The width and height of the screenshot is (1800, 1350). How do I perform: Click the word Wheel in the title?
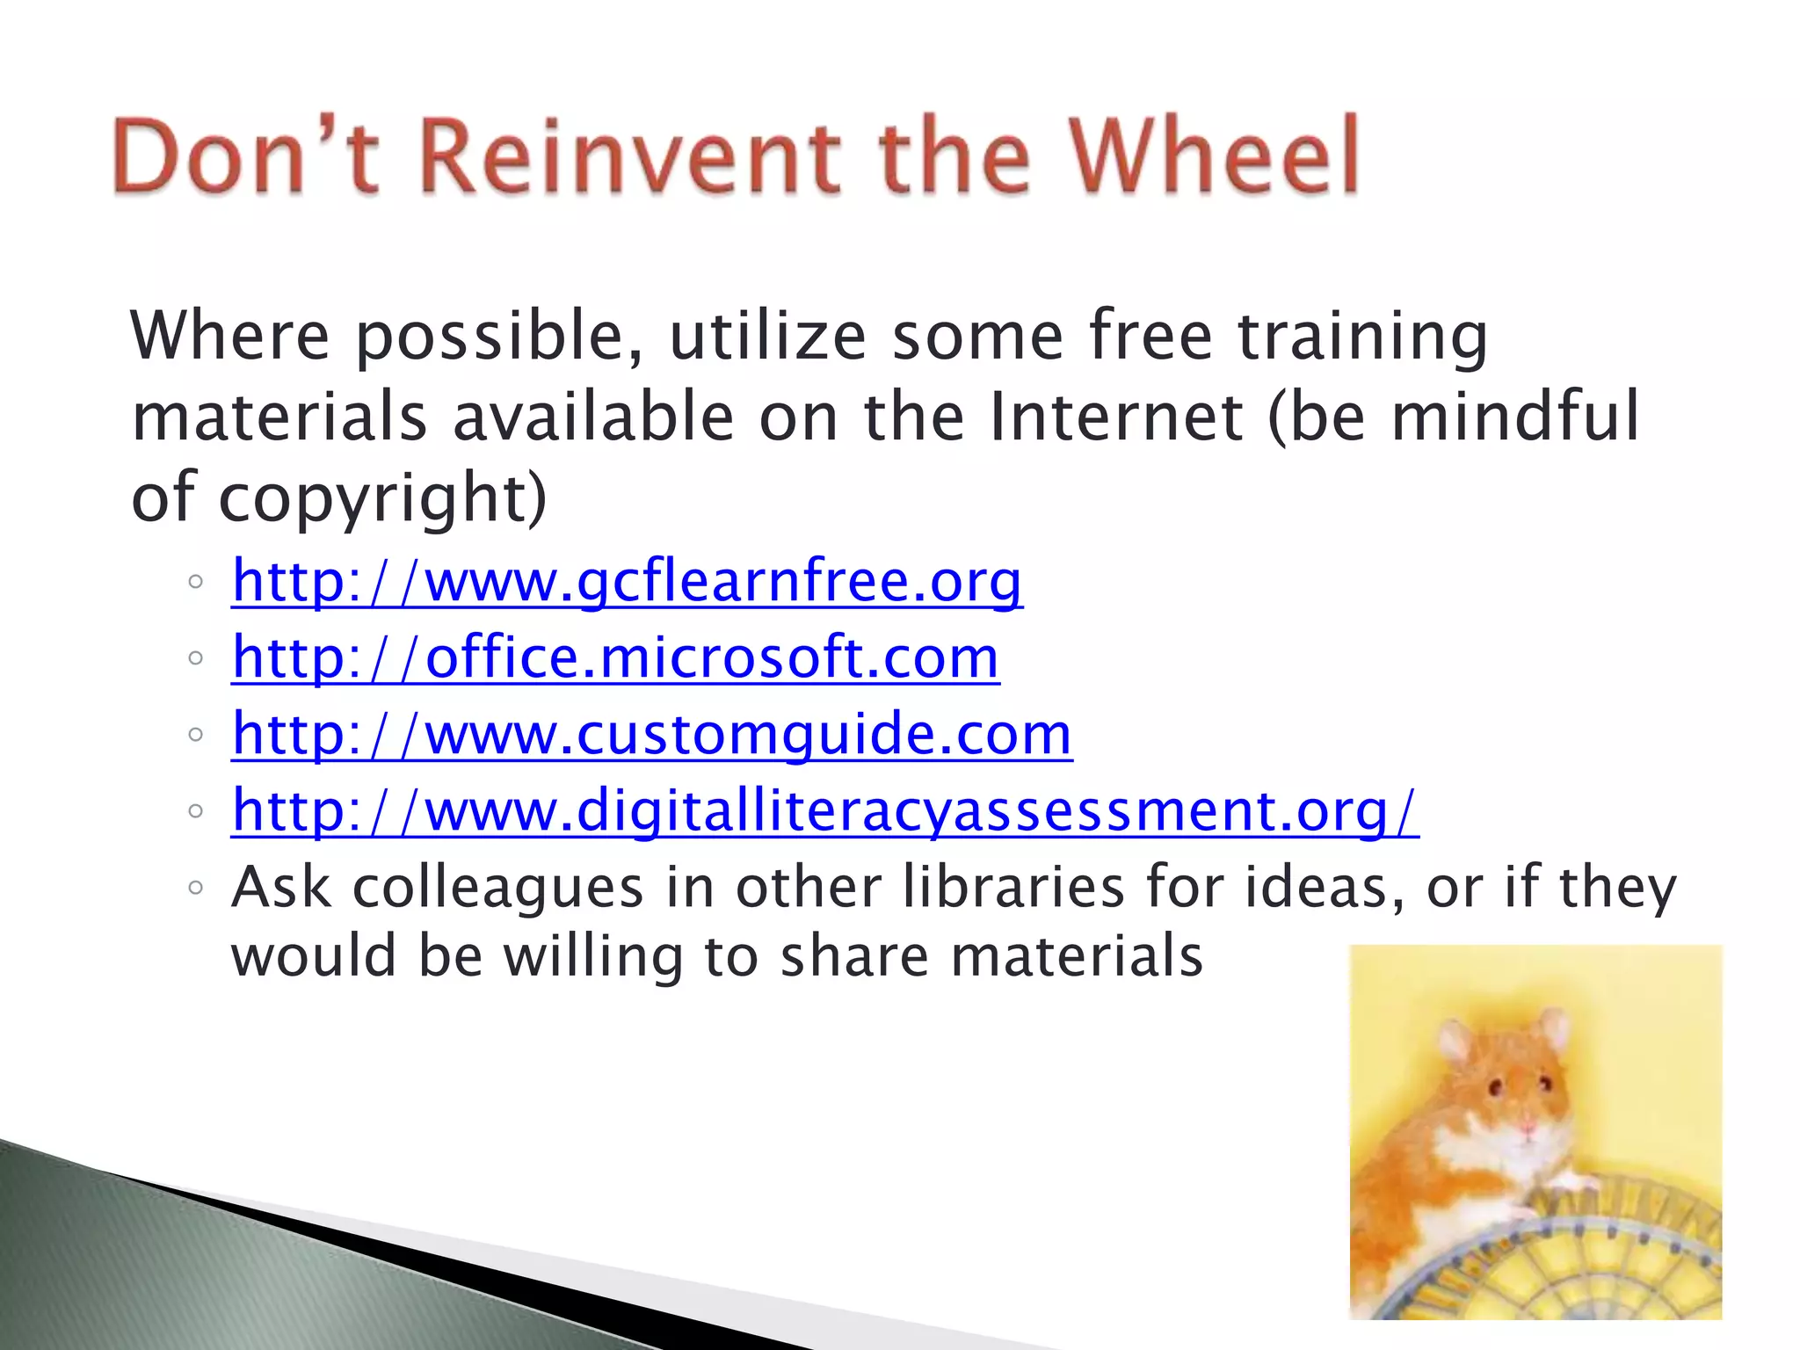pyautogui.click(x=1214, y=156)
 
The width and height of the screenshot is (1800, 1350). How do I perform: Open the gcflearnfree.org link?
pyautogui.click(x=627, y=582)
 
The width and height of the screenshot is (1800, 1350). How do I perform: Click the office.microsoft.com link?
pyautogui.click(x=615, y=658)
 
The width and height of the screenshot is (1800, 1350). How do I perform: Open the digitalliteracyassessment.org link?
pyautogui.click(x=824, y=810)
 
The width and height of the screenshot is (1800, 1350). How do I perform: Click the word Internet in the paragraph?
pyautogui.click(x=1115, y=417)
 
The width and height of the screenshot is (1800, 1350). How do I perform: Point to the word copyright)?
pyautogui.click(x=382, y=498)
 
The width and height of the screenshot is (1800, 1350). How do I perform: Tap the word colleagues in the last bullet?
pyautogui.click(x=498, y=888)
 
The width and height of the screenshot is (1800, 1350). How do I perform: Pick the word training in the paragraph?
pyautogui.click(x=1362, y=337)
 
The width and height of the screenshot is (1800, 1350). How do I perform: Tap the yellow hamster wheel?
pyautogui.click(x=1564, y=1266)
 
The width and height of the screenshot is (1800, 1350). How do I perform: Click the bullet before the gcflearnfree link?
pyautogui.click(x=195, y=582)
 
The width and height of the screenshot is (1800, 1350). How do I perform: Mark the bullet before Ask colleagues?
pyautogui.click(x=195, y=888)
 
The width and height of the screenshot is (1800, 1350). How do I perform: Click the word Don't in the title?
pyautogui.click(x=246, y=156)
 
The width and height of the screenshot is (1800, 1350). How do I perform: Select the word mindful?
pyautogui.click(x=1514, y=417)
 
